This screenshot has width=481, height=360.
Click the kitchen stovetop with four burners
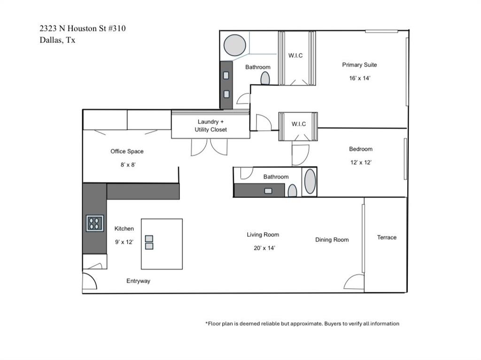point(95,223)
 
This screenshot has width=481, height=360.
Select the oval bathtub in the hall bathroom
point(310,182)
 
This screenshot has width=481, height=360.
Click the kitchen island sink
point(149,242)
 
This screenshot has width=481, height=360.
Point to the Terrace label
point(387,237)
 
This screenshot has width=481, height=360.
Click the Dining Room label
point(332,240)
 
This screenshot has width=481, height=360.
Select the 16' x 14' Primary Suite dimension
point(359,78)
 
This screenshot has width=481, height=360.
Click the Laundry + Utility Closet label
point(210,125)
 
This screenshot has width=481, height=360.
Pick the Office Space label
point(127,152)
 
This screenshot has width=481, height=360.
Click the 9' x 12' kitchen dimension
point(124,242)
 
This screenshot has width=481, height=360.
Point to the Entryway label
point(138,281)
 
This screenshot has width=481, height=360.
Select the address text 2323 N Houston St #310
point(83,29)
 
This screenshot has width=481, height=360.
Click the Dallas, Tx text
point(57,40)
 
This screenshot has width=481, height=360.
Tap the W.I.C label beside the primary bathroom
point(295,55)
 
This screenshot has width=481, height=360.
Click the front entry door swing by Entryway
point(89,281)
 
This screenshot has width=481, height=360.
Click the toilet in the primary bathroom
point(265,78)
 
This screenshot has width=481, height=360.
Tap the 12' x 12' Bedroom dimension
point(360,162)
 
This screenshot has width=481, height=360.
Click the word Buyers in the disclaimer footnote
point(334,324)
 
